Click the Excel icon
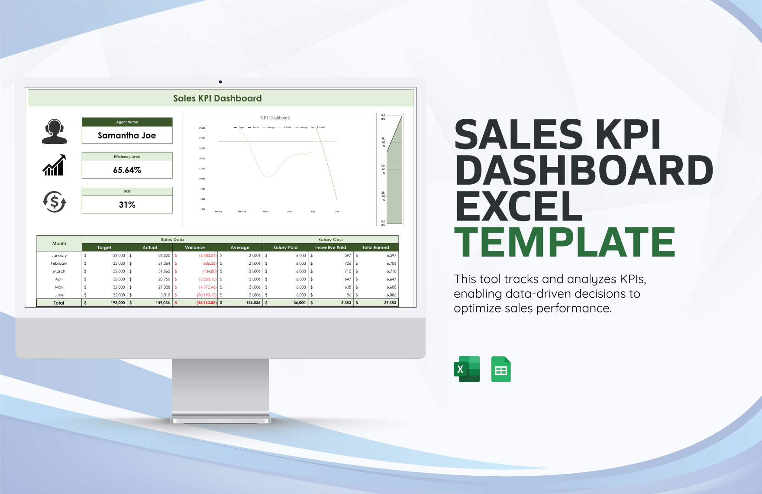click(x=467, y=369)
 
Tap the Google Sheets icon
click(x=501, y=369)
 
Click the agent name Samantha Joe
click(x=127, y=136)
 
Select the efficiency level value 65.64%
click(x=127, y=170)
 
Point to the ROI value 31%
click(x=127, y=205)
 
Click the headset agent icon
click(x=55, y=132)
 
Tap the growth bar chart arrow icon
click(x=54, y=166)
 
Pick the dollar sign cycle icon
click(x=54, y=202)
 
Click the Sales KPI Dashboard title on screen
click(x=217, y=98)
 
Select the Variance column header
click(x=195, y=248)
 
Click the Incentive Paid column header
click(x=330, y=248)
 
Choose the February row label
click(x=59, y=263)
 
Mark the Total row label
click(x=59, y=303)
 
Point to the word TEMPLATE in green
click(x=565, y=242)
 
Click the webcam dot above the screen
click(x=220, y=82)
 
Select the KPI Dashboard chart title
click(x=275, y=118)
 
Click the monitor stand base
click(x=220, y=420)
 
